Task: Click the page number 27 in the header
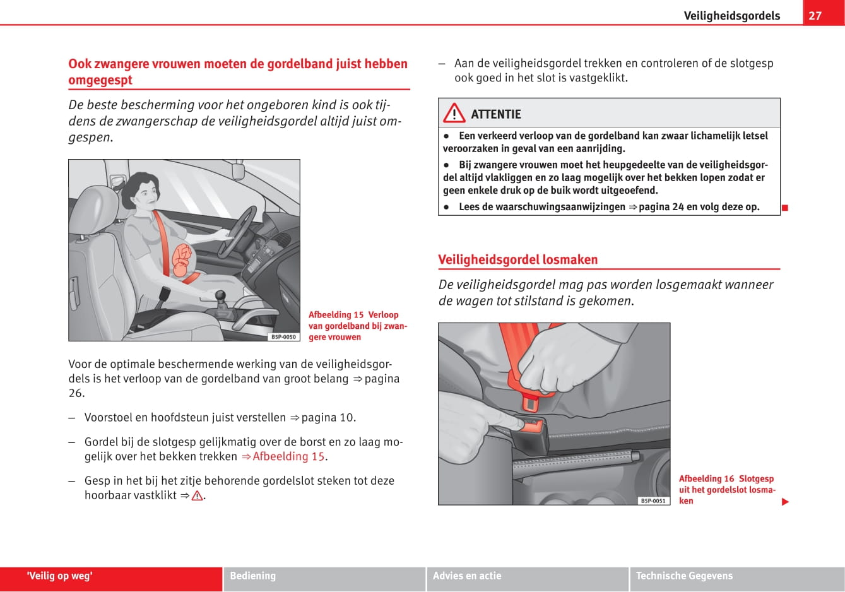point(815,16)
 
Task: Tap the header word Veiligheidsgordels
point(731,16)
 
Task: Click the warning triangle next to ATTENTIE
point(454,114)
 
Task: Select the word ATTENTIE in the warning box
point(496,114)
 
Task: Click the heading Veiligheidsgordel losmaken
point(517,259)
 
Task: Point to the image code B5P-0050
point(283,337)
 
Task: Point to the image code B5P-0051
point(653,501)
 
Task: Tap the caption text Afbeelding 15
point(336,315)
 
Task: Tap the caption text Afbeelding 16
point(707,478)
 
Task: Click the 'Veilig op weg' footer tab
point(60,576)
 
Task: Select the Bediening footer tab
point(252,576)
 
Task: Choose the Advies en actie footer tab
point(467,576)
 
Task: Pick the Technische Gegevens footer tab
point(684,576)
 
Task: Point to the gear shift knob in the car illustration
point(221,295)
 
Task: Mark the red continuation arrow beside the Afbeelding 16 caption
point(785,502)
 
